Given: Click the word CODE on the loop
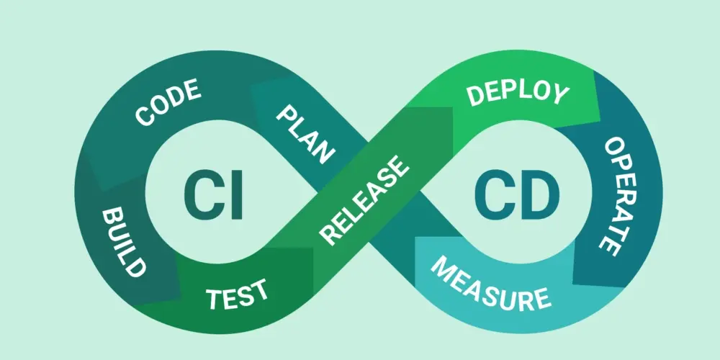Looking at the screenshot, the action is [168, 102].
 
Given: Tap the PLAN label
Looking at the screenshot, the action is [305, 134].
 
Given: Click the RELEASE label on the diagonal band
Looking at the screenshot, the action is [364, 199].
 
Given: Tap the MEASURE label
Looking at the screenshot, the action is [490, 282].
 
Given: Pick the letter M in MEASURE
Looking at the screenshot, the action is [442, 266].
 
